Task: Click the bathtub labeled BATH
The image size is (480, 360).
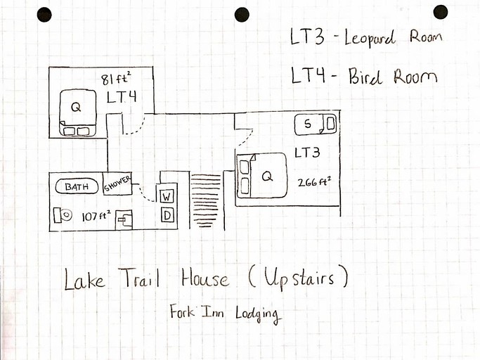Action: coord(76,187)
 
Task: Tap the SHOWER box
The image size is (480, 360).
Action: coord(117,184)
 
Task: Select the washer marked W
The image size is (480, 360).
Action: coord(167,197)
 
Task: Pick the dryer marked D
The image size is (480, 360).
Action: coord(167,215)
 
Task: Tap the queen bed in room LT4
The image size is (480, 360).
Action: coord(76,111)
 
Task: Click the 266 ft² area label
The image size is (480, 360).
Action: coord(314,181)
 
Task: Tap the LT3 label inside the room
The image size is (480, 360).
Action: coord(308,152)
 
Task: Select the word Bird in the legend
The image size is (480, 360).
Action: coord(365,77)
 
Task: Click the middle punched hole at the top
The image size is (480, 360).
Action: coord(242,14)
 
